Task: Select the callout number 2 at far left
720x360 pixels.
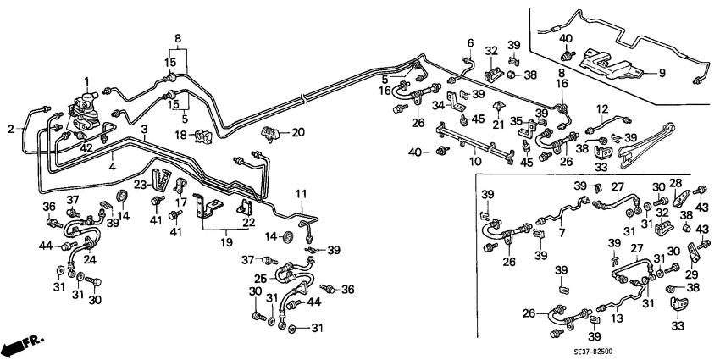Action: coord(12,130)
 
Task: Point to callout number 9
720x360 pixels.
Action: coord(661,74)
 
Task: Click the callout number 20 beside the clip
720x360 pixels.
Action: coord(297,132)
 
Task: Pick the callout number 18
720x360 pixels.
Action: coord(180,136)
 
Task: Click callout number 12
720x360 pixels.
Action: coord(602,108)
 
